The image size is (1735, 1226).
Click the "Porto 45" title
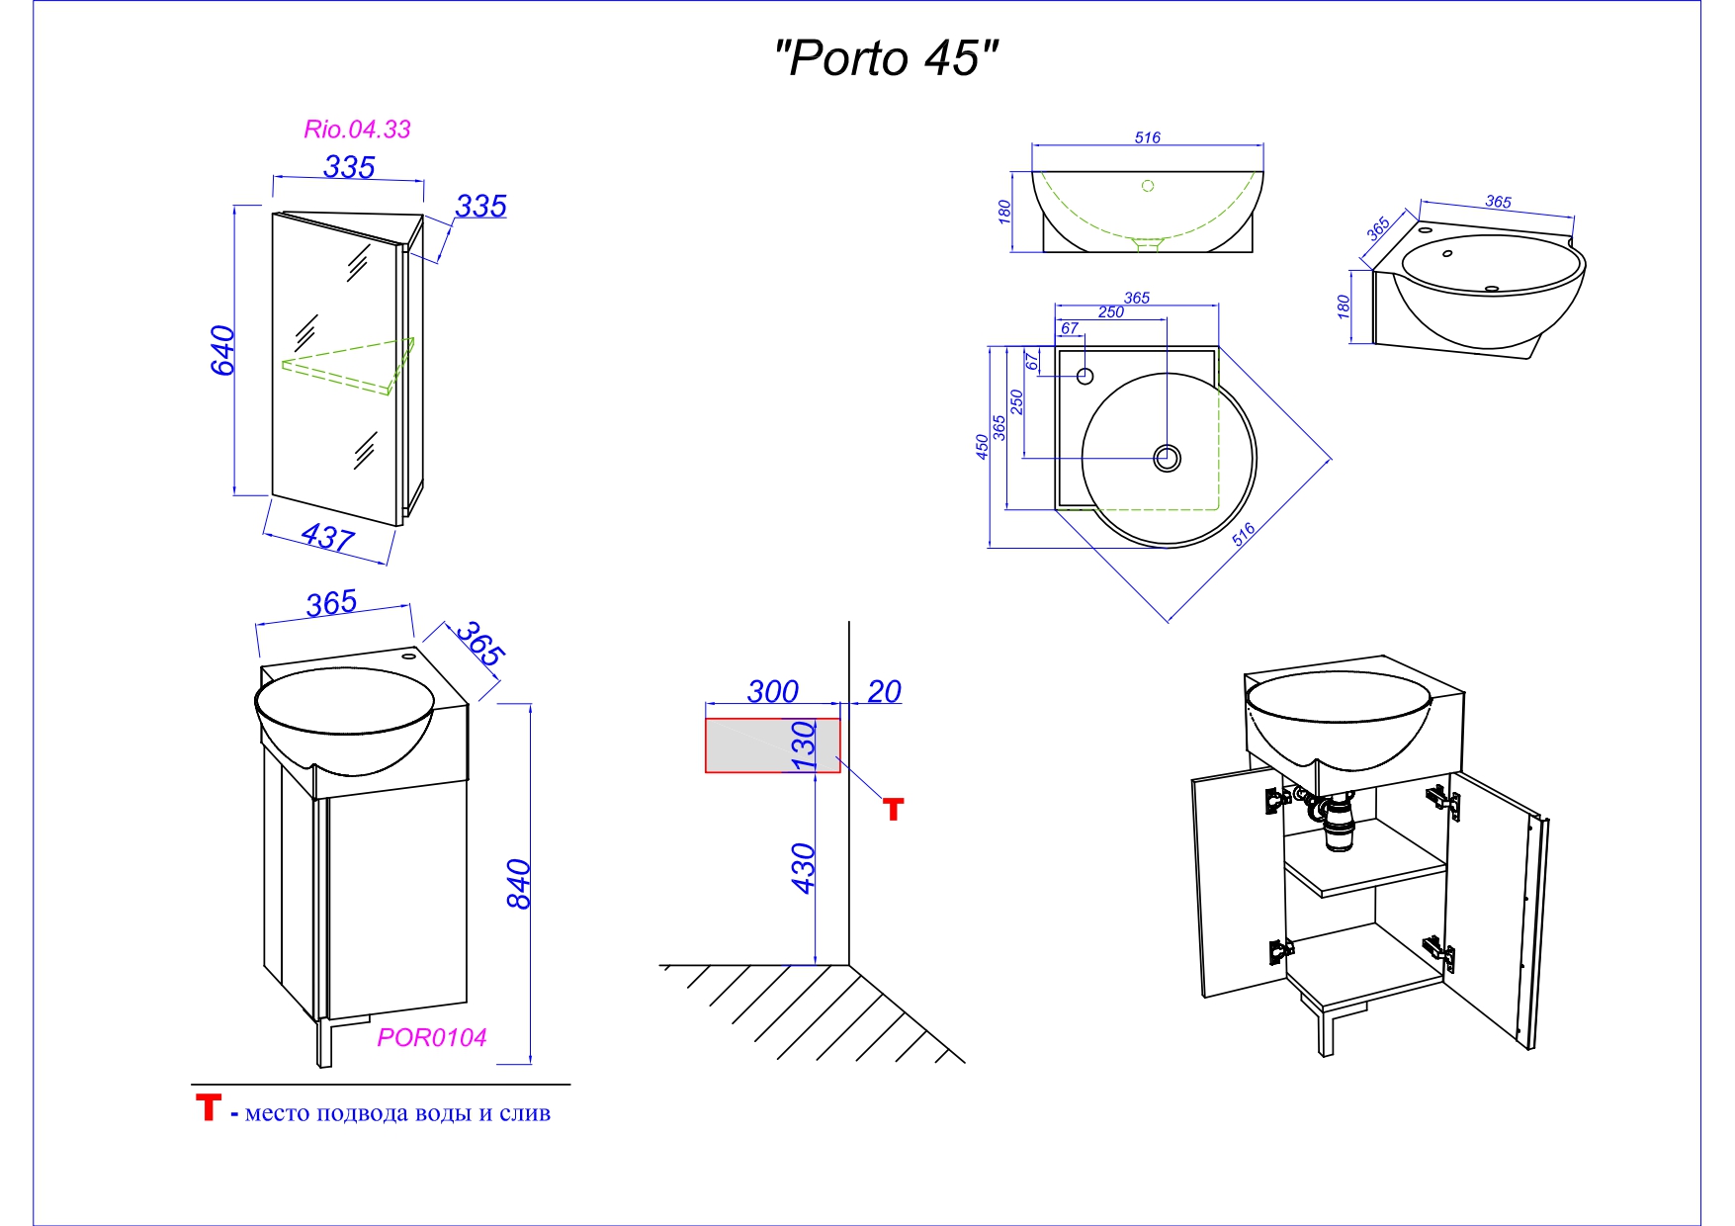pyautogui.click(x=886, y=59)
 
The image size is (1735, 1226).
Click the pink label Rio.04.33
pyautogui.click(x=357, y=130)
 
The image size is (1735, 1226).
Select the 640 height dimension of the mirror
pyautogui.click(x=223, y=350)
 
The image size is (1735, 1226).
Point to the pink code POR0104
pyautogui.click(x=432, y=1037)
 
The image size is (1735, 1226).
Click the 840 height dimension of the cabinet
pyautogui.click(x=519, y=884)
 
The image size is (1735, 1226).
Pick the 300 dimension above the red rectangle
pyautogui.click(x=772, y=691)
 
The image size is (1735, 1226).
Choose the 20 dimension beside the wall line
pyautogui.click(x=884, y=691)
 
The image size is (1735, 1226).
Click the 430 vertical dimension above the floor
pyautogui.click(x=804, y=868)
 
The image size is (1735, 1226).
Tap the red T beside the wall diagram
pyautogui.click(x=894, y=810)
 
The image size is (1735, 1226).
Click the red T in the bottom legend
pyautogui.click(x=208, y=1107)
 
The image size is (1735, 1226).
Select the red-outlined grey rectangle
pyautogui.click(x=751, y=745)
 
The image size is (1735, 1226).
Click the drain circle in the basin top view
pyautogui.click(x=1168, y=458)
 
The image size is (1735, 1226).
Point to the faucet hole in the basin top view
pyautogui.click(x=1084, y=377)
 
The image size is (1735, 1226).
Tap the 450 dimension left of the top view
pyautogui.click(x=982, y=447)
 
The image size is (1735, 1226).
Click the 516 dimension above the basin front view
pyautogui.click(x=1147, y=138)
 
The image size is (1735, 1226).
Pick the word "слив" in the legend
pyautogui.click(x=525, y=1113)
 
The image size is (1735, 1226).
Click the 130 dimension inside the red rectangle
pyautogui.click(x=804, y=745)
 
